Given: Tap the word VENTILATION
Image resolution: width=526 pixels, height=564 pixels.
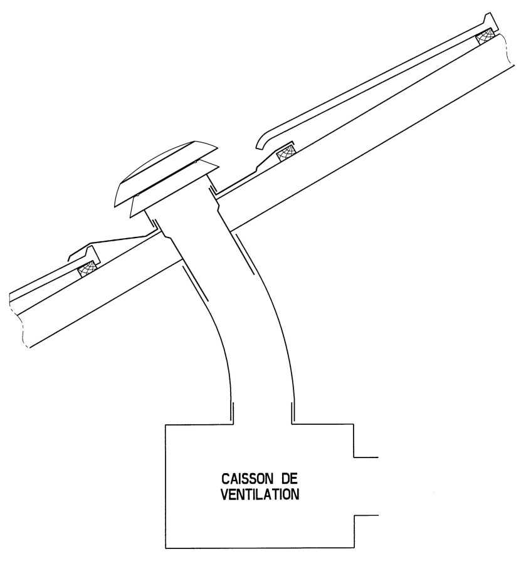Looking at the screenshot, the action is click(260, 494).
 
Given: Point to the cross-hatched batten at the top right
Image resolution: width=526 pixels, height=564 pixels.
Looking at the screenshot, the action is click(487, 37).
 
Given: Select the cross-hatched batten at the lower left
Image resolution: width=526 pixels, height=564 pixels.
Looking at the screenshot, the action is click(88, 268).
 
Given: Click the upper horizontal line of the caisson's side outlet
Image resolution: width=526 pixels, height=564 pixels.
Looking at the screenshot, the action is click(366, 457).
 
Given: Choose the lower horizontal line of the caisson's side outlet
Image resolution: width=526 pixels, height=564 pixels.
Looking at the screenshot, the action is click(366, 516).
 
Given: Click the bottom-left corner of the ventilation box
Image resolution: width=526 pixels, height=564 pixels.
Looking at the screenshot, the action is click(166, 548).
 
